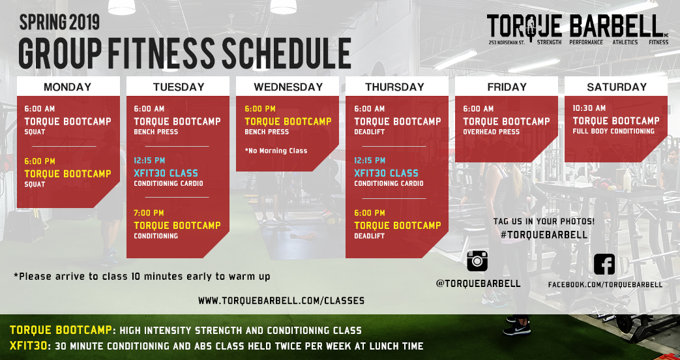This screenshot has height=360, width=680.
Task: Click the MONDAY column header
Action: click(68, 87)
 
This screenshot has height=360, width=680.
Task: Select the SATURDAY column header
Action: click(616, 87)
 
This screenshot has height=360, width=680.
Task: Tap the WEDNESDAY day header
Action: click(288, 87)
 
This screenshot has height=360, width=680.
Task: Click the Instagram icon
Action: click(477, 261)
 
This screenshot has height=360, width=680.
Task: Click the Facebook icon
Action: click(604, 264)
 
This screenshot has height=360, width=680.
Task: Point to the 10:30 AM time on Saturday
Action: click(589, 108)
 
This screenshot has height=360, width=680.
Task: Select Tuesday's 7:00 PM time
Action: click(149, 213)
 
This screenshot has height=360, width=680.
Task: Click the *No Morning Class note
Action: click(276, 151)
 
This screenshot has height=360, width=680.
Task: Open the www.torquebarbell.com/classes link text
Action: click(281, 301)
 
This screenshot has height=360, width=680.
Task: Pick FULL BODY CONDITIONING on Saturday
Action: click(613, 131)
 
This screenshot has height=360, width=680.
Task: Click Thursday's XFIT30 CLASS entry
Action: click(386, 173)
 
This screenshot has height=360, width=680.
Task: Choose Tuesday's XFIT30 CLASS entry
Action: click(166, 173)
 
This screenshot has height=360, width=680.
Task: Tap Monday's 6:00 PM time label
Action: click(40, 161)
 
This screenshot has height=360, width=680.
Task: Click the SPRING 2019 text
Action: click(59, 23)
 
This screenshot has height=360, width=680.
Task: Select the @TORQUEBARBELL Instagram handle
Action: click(478, 284)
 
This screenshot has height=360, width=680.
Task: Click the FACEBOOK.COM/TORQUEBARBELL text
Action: click(604, 284)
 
